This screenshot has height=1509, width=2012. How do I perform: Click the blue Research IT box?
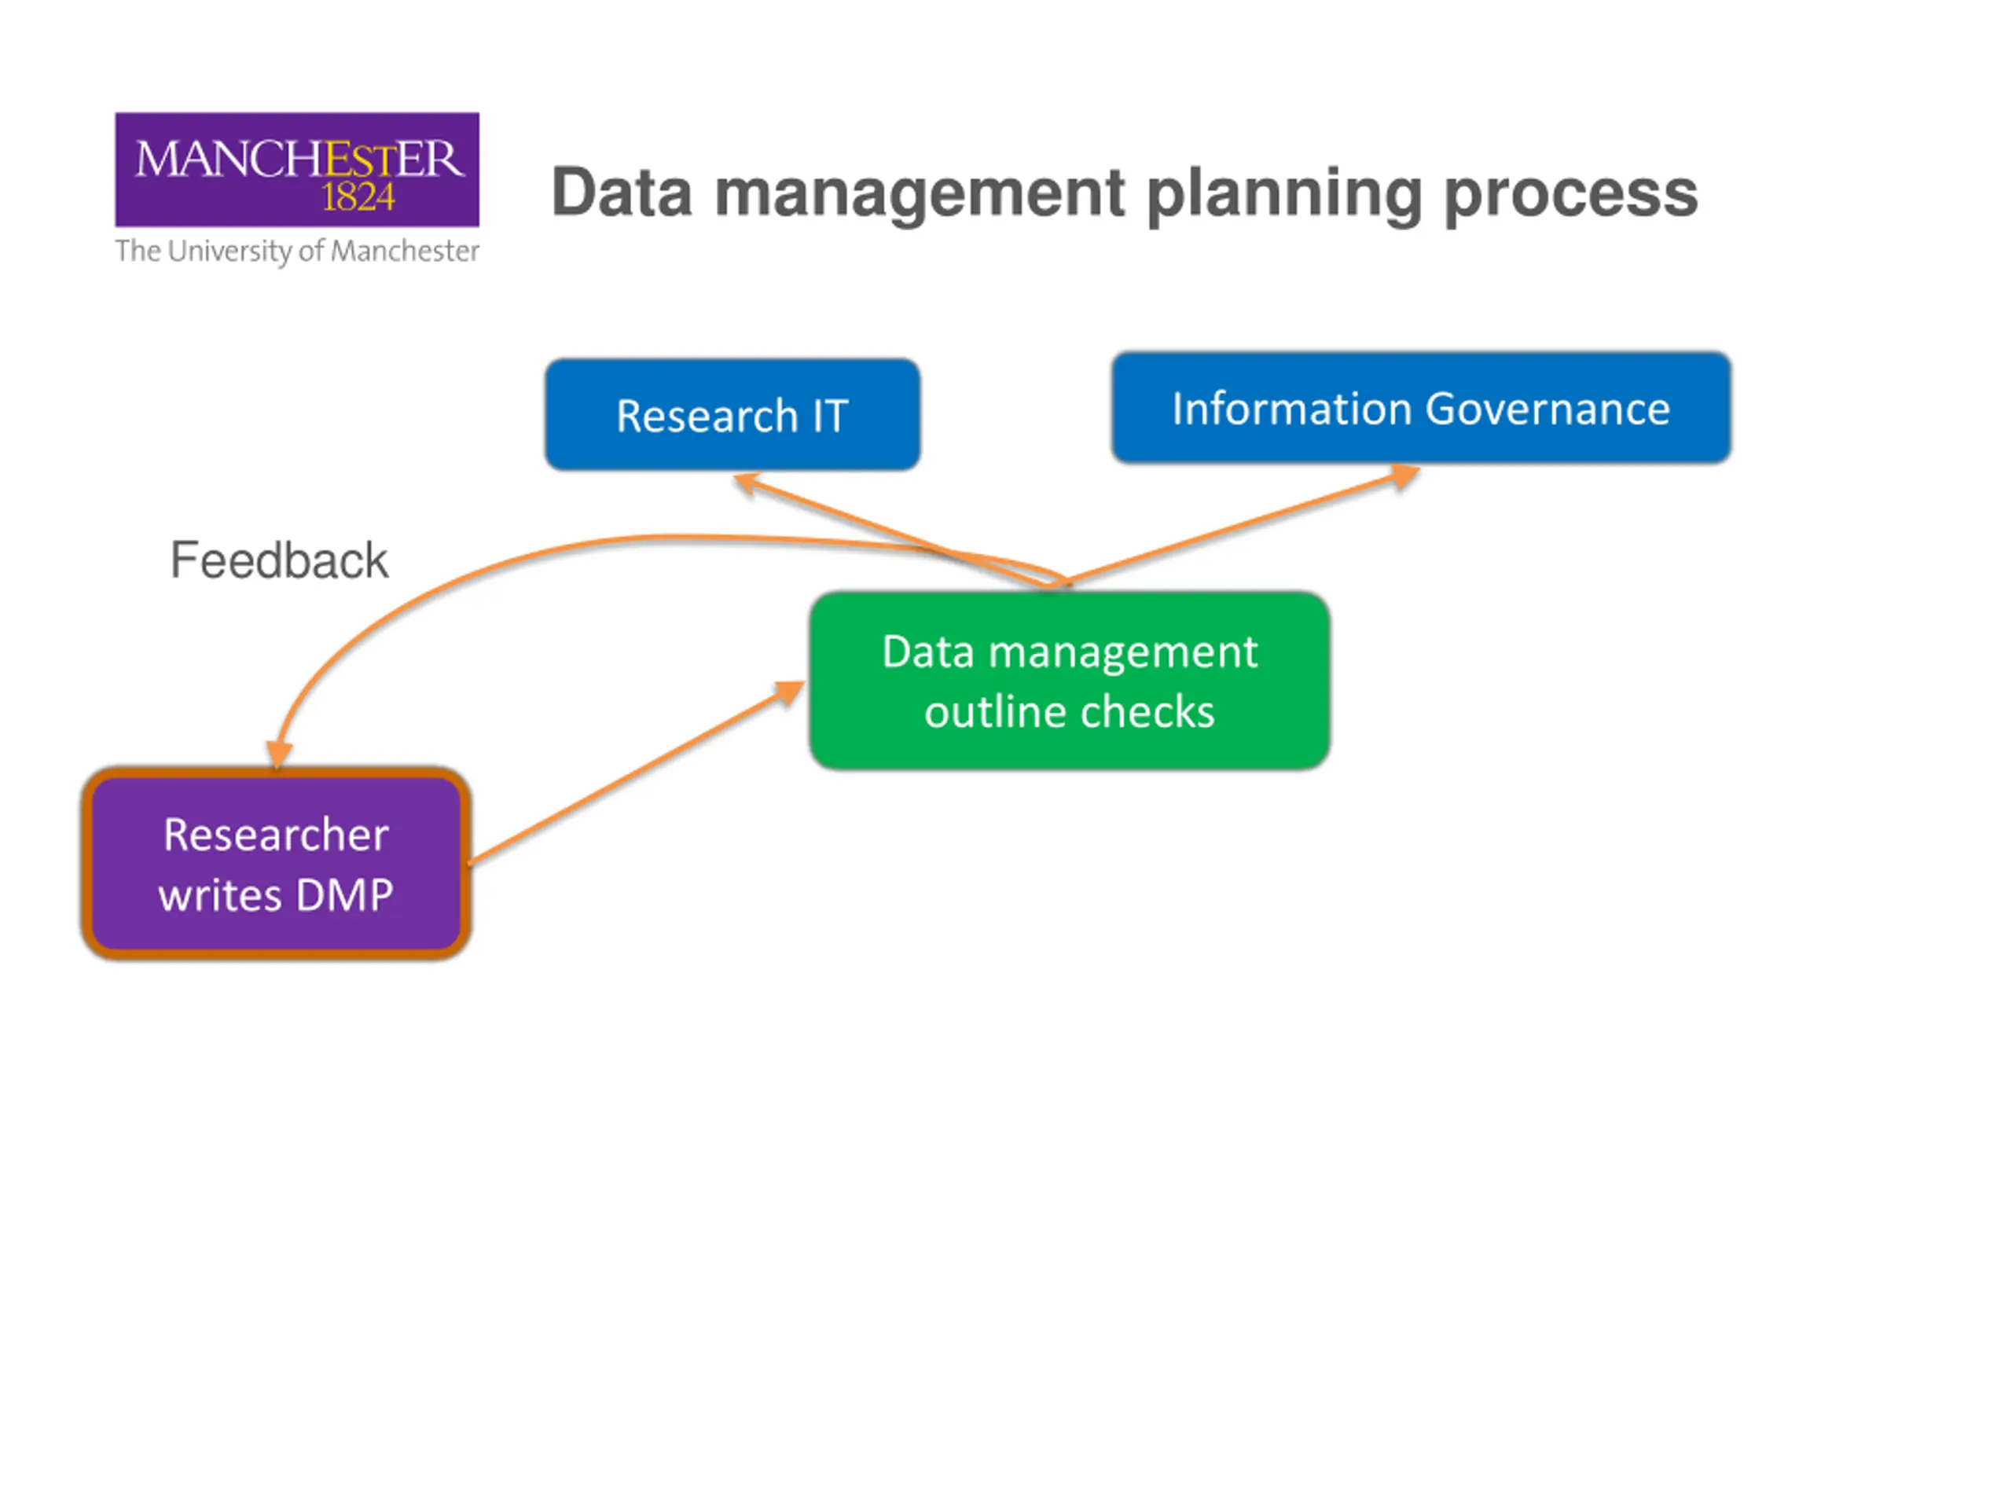click(732, 415)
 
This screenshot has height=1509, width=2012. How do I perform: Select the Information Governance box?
click(1421, 407)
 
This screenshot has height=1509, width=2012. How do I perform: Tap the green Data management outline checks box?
click(1070, 681)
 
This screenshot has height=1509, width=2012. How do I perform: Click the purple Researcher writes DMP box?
click(277, 863)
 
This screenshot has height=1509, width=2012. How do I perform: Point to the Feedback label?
click(279, 560)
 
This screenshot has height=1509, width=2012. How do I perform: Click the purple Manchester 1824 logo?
click(296, 169)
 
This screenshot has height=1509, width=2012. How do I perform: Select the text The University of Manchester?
click(296, 251)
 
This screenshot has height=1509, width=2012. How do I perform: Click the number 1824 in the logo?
click(358, 197)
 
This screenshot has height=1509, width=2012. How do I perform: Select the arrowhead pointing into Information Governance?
click(1404, 475)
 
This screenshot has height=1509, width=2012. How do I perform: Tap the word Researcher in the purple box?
click(277, 834)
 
